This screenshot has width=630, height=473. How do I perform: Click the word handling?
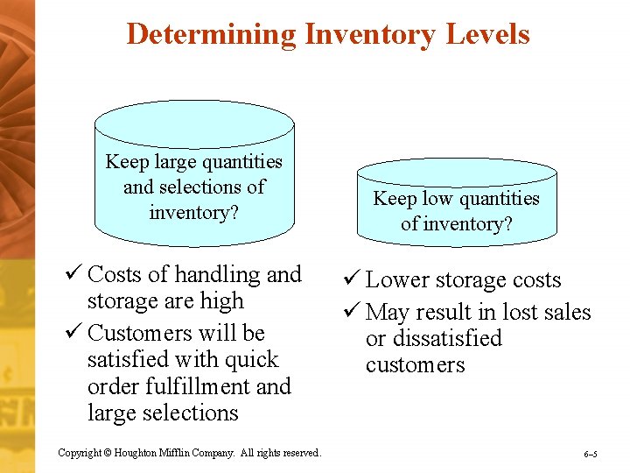click(219, 275)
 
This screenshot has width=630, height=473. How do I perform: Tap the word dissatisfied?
click(447, 339)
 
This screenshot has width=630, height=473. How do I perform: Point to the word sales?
click(565, 313)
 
